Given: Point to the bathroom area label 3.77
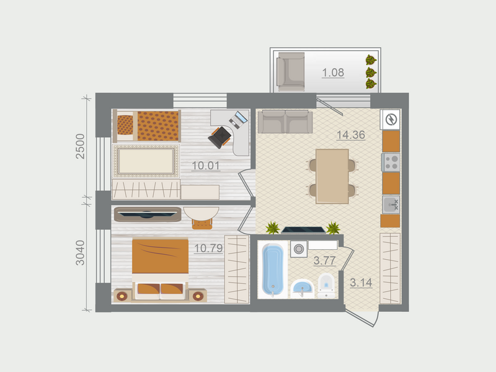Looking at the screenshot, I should [324, 261].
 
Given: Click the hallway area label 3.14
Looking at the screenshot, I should [361, 283].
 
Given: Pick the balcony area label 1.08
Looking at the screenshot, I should [332, 73].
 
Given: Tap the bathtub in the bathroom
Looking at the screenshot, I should [273, 270].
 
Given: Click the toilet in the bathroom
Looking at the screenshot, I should [326, 285].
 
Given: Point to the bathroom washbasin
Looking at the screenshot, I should [303, 288].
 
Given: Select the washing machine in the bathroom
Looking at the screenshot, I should [299, 249].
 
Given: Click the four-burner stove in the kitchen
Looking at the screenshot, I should [391, 162].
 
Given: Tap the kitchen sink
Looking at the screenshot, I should [391, 203].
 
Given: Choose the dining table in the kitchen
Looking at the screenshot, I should [332, 176].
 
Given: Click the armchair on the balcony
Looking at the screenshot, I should [290, 72].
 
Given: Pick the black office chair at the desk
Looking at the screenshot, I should [219, 136].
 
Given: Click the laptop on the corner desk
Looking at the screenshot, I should [239, 118].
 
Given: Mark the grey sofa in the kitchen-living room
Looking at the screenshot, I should [284, 122].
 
